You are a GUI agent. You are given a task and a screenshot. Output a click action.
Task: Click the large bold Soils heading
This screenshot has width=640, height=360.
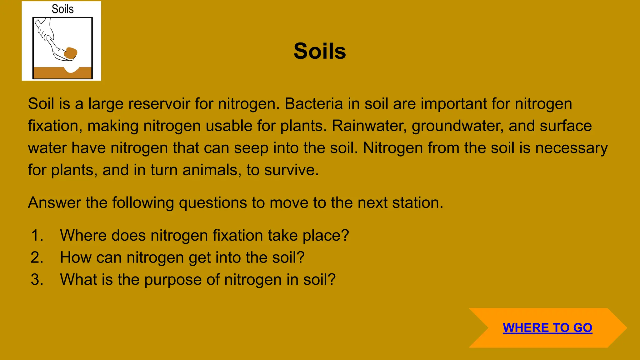(x=320, y=51)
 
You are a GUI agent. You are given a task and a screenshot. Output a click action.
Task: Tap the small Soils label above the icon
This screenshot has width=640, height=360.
(x=62, y=9)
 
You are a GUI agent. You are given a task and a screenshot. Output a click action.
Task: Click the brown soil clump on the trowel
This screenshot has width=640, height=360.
(x=71, y=53)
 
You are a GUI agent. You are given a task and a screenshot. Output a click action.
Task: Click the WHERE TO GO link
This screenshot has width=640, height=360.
(x=547, y=327)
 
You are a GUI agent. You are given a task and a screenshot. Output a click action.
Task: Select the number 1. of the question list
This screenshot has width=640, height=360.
(x=37, y=235)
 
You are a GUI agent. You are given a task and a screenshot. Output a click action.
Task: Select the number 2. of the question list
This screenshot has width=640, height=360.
(x=37, y=257)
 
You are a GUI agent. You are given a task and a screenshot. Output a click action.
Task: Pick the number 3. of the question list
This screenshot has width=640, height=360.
(x=37, y=279)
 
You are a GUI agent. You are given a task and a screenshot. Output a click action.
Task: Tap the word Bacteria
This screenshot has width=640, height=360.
(x=314, y=104)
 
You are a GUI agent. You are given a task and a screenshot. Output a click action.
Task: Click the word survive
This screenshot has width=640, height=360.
(x=291, y=170)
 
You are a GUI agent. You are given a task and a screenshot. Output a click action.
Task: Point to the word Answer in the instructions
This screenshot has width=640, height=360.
(x=54, y=203)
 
